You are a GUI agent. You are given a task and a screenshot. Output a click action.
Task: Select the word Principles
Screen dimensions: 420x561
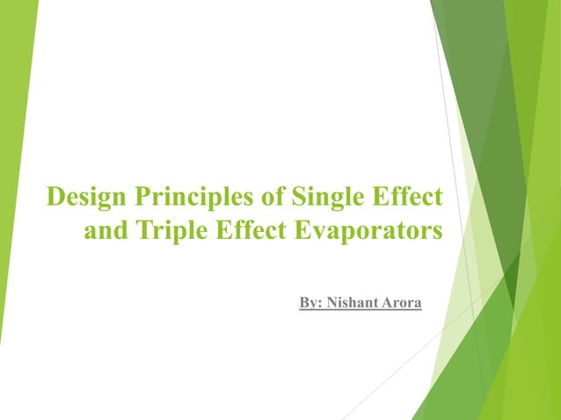tap(191, 197)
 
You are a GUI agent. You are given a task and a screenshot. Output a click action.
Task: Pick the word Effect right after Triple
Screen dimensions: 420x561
tap(251, 232)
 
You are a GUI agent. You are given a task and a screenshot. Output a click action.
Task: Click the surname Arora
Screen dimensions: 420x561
tap(404, 303)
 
